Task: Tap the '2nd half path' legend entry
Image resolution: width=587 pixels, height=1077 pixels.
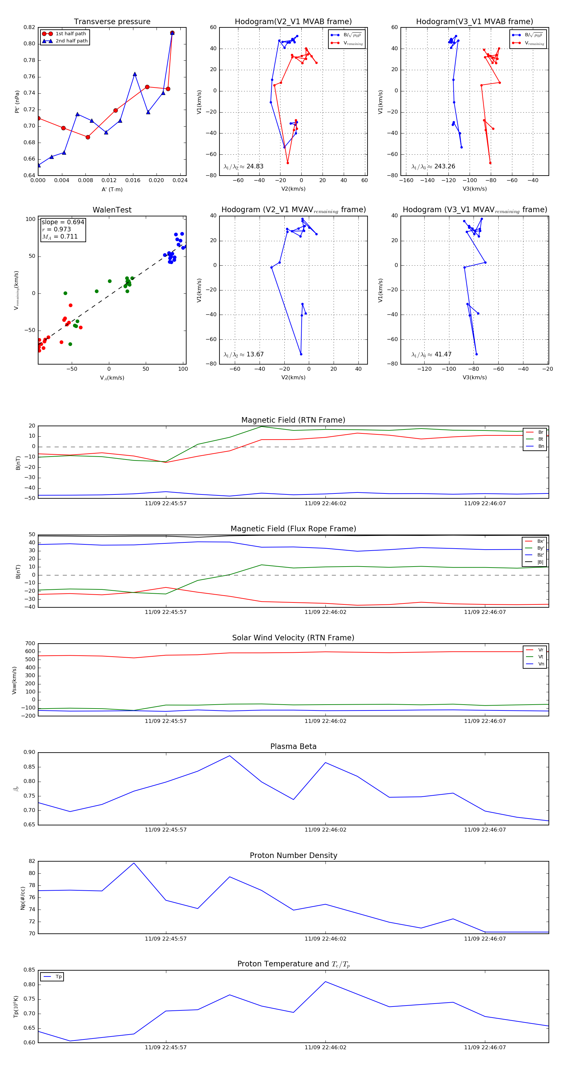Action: click(71, 41)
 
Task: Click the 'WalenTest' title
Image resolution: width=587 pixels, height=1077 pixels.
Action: click(112, 210)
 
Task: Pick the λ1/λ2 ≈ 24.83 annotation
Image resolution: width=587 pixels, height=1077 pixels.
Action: click(244, 166)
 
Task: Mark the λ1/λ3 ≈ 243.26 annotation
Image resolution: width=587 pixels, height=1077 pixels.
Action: click(433, 166)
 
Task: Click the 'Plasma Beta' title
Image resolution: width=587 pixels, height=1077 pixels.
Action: click(293, 746)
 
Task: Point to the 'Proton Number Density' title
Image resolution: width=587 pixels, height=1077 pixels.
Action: click(293, 855)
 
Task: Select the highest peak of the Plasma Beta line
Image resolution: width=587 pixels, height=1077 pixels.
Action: click(229, 756)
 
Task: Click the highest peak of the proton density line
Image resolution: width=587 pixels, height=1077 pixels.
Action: click(134, 863)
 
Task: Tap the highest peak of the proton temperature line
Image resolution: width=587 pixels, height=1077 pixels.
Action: click(325, 981)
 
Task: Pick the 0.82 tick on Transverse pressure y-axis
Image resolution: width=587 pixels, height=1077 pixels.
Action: click(29, 27)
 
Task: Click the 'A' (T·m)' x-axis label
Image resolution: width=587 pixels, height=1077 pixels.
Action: click(112, 189)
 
